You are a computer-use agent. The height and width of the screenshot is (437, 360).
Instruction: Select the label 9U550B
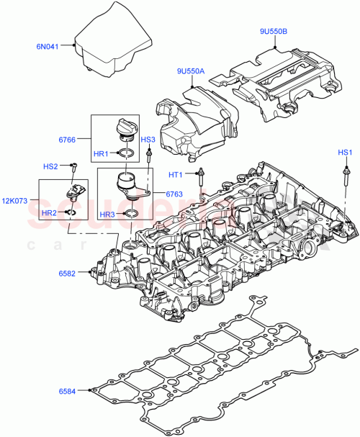tap(274, 32)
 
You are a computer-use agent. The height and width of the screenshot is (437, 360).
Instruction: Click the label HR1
tap(100, 153)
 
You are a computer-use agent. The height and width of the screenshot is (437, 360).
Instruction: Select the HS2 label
tap(50, 166)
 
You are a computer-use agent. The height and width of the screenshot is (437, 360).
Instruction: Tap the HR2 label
tap(49, 213)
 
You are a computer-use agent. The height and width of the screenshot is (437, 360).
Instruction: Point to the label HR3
tap(106, 214)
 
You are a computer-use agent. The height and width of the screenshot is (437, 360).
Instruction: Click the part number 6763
tap(174, 194)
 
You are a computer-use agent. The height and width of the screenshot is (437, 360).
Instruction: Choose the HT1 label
tap(176, 174)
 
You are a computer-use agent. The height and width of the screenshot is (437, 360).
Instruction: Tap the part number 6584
tap(69, 391)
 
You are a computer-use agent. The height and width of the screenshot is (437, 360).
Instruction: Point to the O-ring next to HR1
tap(125, 153)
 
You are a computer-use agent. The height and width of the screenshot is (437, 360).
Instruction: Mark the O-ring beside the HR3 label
tap(132, 214)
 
